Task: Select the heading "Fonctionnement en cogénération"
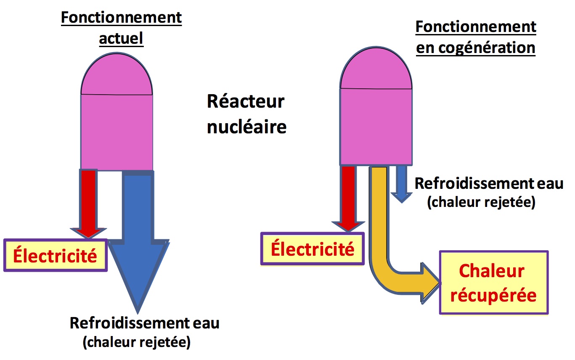click(x=476, y=37)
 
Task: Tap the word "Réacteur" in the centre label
click(x=246, y=102)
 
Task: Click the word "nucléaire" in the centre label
click(x=246, y=126)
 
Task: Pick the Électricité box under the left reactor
click(x=56, y=256)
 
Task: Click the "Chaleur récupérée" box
click(x=493, y=283)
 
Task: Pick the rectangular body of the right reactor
click(x=375, y=126)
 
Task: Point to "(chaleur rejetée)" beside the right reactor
click(x=481, y=203)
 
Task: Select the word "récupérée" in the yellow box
click(x=493, y=295)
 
